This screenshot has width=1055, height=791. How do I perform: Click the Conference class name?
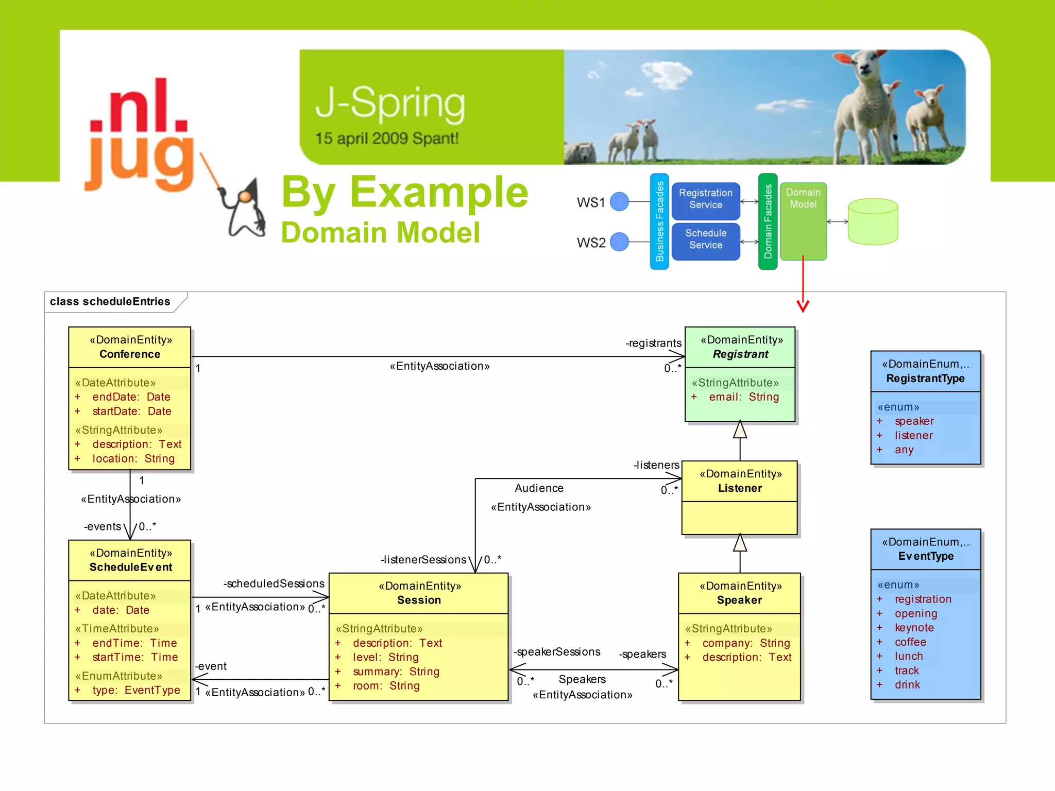(130, 354)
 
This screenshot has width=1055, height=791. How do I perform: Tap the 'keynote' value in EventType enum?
(914, 628)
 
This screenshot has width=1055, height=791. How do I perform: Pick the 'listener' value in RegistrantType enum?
(913, 436)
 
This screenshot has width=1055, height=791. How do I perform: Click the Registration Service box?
(705, 199)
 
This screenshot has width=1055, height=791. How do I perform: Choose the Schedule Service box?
(705, 239)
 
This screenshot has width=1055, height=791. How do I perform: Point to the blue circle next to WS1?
(619, 201)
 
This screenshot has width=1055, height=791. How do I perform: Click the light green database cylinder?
(873, 222)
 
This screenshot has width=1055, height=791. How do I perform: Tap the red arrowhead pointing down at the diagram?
(803, 306)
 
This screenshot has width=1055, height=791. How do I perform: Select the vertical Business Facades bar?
(659, 221)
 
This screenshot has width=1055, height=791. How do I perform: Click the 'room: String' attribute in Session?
(386, 686)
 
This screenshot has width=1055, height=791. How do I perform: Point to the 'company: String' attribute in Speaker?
(745, 643)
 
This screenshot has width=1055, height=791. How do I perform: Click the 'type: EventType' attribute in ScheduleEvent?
(136, 691)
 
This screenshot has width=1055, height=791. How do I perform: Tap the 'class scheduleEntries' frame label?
(110, 302)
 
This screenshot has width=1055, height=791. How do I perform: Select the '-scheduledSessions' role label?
(274, 583)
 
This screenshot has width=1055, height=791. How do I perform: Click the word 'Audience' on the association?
(539, 488)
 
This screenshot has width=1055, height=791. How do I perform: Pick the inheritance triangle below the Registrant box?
(740, 430)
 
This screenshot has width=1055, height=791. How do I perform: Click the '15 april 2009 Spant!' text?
(387, 139)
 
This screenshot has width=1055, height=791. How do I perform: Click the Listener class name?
(740, 488)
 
